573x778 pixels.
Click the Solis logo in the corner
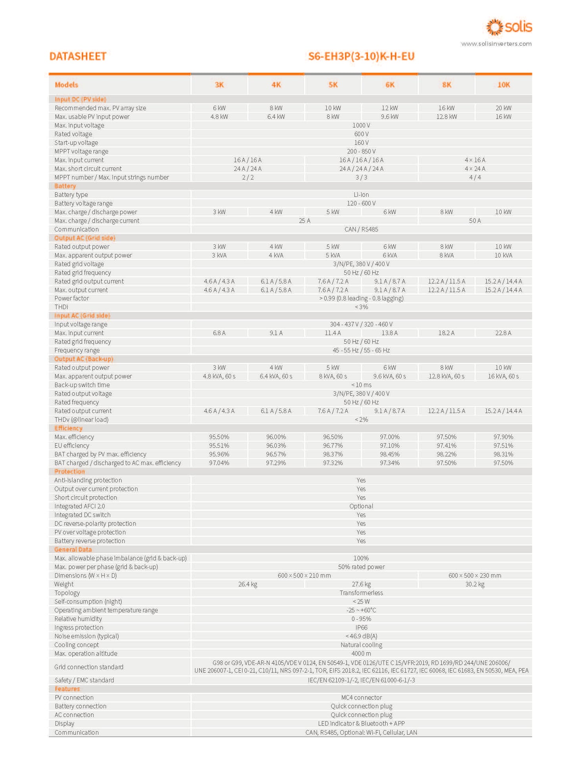pyautogui.click(x=509, y=27)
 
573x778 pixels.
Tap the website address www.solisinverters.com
pyautogui.click(x=496, y=44)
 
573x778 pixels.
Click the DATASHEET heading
pyautogui.click(x=78, y=56)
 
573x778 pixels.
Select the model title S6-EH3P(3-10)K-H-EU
pyautogui.click(x=361, y=56)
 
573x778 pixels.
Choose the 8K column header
pyautogui.click(x=447, y=85)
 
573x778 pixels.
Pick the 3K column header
pyautogui.click(x=219, y=85)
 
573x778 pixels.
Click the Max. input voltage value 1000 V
pyautogui.click(x=361, y=125)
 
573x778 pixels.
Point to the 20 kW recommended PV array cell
pyautogui.click(x=503, y=108)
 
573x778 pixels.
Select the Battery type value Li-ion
pyautogui.click(x=361, y=195)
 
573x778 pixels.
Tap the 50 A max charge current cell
pyautogui.click(x=475, y=221)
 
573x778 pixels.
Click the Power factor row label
pyautogui.click(x=72, y=298)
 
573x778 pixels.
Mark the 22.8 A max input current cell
pyautogui.click(x=503, y=333)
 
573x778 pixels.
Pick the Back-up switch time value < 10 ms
pyautogui.click(x=361, y=385)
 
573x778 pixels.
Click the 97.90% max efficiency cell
pyautogui.click(x=503, y=437)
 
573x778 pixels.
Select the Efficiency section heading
pyautogui.click(x=68, y=428)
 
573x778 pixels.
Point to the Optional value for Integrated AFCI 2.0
pyautogui.click(x=361, y=506)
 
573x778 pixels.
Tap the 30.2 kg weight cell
pyautogui.click(x=475, y=584)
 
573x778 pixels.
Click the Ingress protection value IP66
pyautogui.click(x=361, y=627)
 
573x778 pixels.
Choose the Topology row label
pyautogui.click(x=67, y=593)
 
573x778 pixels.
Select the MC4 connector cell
pyautogui.click(x=361, y=697)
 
